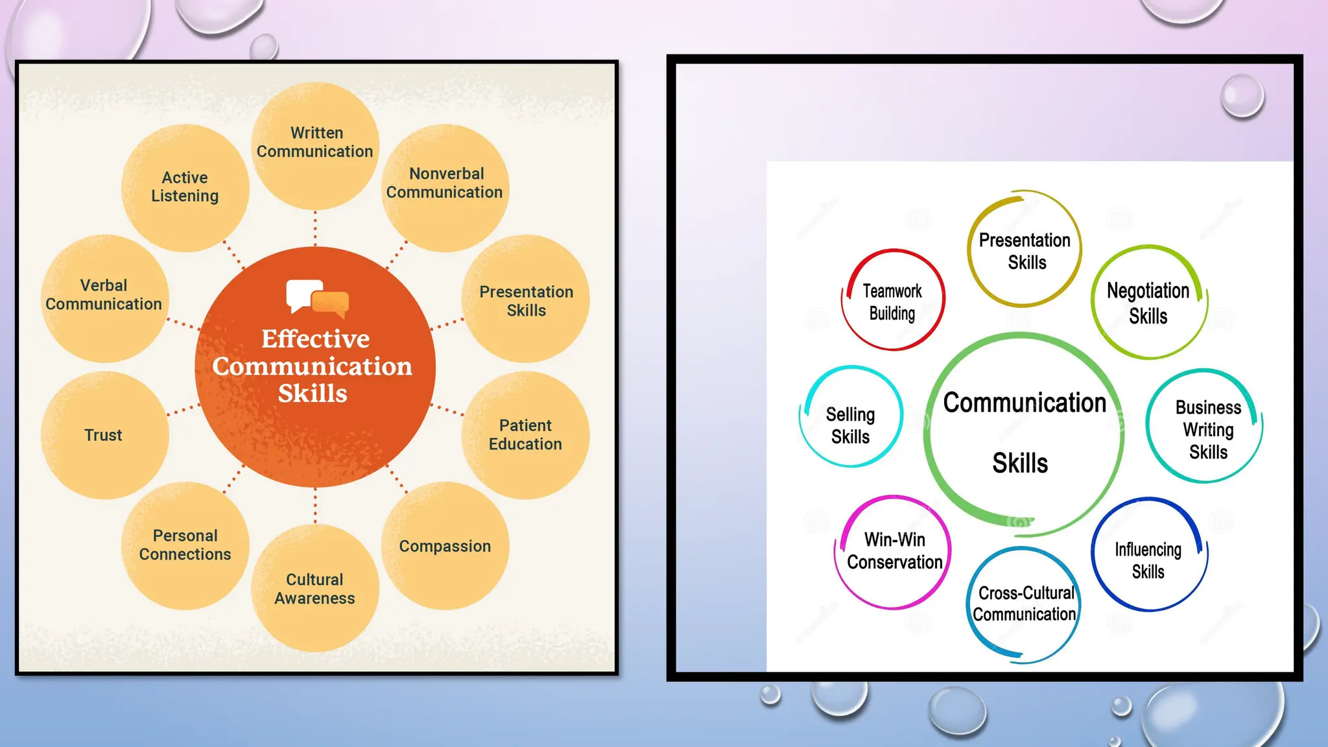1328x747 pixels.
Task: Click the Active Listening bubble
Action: (185, 187)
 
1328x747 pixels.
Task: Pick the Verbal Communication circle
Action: (104, 298)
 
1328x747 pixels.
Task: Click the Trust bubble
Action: (104, 435)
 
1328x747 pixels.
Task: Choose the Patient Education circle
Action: (525, 435)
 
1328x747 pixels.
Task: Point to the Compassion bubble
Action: (445, 546)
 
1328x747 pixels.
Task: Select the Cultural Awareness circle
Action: (315, 588)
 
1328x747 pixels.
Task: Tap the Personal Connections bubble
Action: (185, 545)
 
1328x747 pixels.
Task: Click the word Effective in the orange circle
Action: (315, 339)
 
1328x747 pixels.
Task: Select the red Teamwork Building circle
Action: (893, 301)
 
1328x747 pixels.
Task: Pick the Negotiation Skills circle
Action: (1148, 303)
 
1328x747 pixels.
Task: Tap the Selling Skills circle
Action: (851, 425)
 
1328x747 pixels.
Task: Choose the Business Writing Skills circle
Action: (1207, 428)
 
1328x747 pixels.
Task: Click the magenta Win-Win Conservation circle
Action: (894, 552)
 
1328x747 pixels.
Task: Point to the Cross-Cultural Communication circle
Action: (1025, 604)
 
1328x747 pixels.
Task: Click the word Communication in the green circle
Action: (1025, 403)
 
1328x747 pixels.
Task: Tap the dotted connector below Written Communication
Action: (316, 228)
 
